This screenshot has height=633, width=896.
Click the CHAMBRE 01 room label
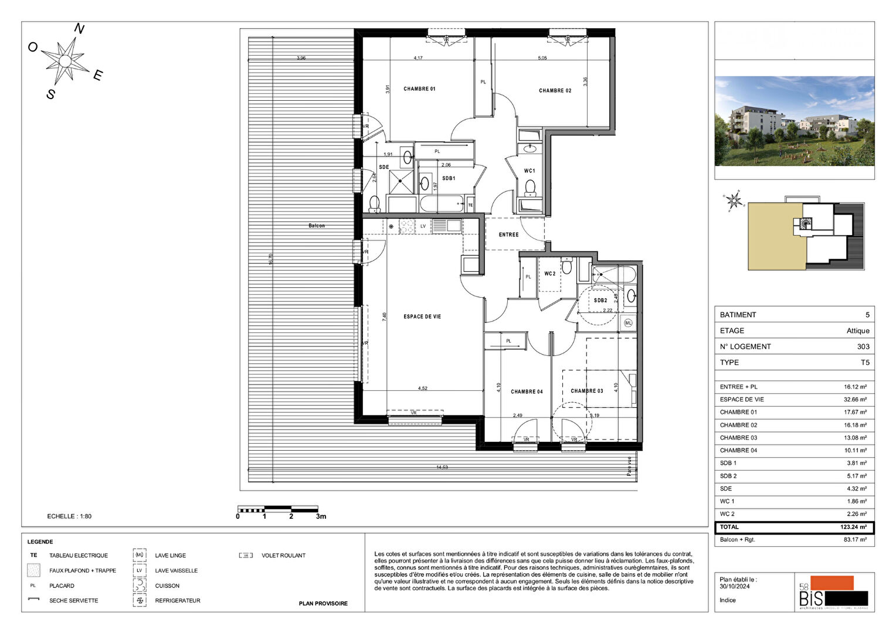(419, 89)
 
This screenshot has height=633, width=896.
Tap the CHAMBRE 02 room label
(555, 91)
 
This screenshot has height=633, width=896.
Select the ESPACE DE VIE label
(422, 316)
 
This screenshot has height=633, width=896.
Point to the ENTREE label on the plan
(508, 234)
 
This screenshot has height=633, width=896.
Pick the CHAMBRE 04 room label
(527, 392)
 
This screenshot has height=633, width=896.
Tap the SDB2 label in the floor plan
(600, 301)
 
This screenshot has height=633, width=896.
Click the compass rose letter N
(79, 29)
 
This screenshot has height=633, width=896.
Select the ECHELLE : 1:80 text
(69, 516)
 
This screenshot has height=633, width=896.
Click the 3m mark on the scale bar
(321, 516)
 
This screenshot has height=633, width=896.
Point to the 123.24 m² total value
(853, 527)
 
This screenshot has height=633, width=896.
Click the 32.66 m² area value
(855, 400)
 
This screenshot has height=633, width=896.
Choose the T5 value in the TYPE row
(865, 362)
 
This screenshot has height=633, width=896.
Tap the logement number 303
(863, 346)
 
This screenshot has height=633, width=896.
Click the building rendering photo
(794, 121)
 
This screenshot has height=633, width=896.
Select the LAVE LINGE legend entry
(170, 556)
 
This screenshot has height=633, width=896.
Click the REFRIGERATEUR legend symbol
(140, 601)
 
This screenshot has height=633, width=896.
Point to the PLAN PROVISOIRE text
(323, 604)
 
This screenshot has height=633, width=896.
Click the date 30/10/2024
(735, 586)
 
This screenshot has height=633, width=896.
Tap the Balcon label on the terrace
(317, 226)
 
